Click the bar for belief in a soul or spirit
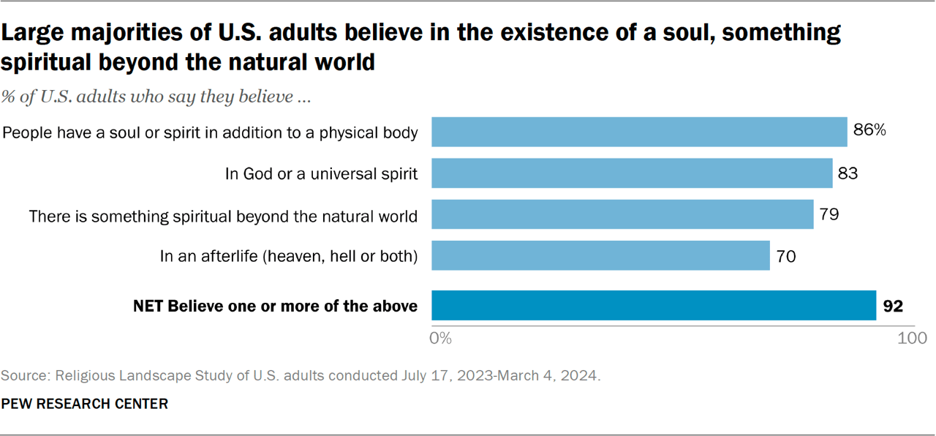[x=639, y=132]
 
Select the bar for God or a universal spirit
[x=632, y=173]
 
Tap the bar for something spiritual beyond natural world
[x=622, y=215]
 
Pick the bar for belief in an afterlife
[x=600, y=256]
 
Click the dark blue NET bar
[x=654, y=306]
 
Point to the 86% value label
[x=869, y=131]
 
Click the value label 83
[x=848, y=173]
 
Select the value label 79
[x=829, y=215]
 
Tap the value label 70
[x=785, y=257]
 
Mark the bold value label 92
[x=893, y=306]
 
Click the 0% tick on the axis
[x=441, y=339]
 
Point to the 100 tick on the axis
[x=911, y=339]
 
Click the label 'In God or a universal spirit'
[x=321, y=174]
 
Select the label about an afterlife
[x=289, y=257]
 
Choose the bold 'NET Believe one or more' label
[x=275, y=307]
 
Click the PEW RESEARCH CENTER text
[x=84, y=404]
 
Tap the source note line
[x=301, y=376]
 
